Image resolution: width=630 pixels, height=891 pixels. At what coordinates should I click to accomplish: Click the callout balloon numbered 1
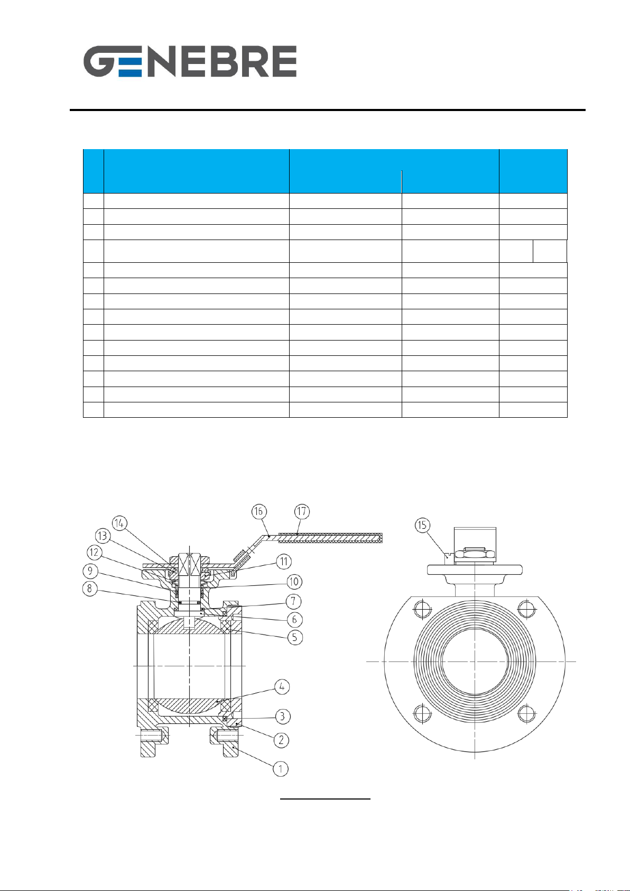pos(281,768)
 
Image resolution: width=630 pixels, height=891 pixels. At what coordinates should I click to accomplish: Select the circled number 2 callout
pos(281,740)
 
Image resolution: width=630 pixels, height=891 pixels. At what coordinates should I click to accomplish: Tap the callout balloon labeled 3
pos(282,717)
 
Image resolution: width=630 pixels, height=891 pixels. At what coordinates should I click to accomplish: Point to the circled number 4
pos(282,686)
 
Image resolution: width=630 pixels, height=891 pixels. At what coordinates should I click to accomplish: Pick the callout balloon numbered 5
pos(294,637)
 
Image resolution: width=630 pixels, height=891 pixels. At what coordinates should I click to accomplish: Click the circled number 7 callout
pos(293,601)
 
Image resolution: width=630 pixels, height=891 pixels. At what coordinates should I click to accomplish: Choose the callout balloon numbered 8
pos(90,589)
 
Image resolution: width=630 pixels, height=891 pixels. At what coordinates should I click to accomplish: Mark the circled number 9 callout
pos(90,571)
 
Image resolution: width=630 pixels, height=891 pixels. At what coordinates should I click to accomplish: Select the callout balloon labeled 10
pos(294,582)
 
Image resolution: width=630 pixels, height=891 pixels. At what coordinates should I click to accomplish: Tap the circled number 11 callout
pos(283,561)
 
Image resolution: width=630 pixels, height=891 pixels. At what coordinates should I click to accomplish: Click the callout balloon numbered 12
pos(94,552)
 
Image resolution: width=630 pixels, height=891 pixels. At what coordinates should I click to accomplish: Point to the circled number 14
pos(119,523)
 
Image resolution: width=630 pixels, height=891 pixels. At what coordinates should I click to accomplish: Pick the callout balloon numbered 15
pos(422,525)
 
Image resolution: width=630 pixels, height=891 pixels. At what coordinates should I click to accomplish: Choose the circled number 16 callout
pos(259,511)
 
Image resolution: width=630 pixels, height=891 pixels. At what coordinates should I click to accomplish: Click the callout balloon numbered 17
pos(302,511)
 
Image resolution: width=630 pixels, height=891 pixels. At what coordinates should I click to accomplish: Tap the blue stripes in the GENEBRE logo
pos(130,67)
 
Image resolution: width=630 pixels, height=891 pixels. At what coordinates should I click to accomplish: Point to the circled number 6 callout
pos(294,619)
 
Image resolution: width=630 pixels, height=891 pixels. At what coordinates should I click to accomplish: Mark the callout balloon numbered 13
pos(103,536)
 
